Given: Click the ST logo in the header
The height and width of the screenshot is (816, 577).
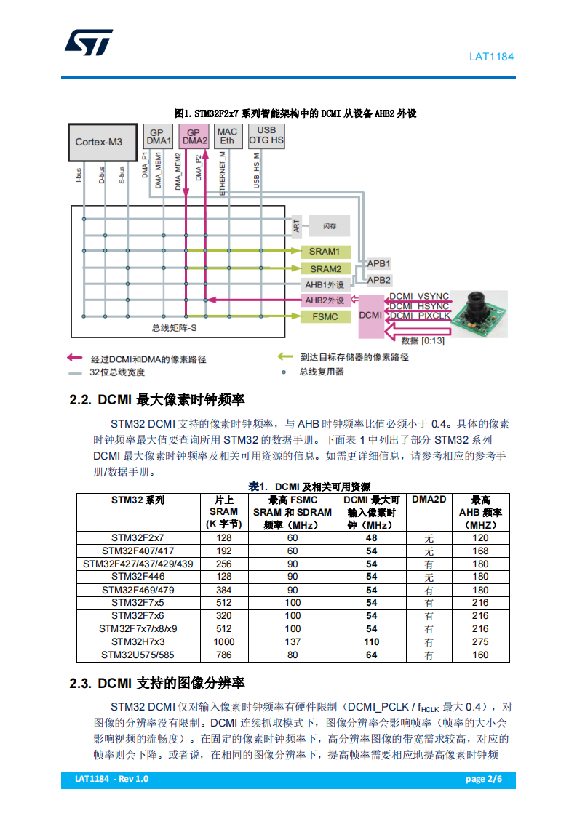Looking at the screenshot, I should click(88, 42).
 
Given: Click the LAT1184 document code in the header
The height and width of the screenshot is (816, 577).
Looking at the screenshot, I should click(491, 56).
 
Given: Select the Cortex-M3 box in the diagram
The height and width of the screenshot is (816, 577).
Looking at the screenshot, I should click(103, 142).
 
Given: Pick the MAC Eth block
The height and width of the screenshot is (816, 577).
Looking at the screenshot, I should click(227, 136).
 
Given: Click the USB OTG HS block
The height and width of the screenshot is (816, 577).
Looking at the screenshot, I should click(266, 136).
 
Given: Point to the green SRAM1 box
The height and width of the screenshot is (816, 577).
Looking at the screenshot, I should click(325, 252).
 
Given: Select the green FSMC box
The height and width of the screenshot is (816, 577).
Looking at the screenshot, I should click(325, 316).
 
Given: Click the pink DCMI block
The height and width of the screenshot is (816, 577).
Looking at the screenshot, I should click(370, 316).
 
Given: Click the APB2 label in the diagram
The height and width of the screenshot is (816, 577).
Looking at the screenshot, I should click(378, 279).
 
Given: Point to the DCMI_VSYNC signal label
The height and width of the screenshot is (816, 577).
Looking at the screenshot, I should click(419, 296).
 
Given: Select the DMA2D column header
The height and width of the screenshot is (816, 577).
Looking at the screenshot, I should click(429, 500).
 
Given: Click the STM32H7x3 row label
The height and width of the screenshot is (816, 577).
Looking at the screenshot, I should click(138, 642).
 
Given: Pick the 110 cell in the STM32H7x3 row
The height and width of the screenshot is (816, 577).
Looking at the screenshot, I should click(371, 642).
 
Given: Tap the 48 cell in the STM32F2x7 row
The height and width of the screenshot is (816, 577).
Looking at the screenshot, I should click(371, 537).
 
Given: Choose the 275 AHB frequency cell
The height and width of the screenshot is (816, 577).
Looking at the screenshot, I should click(480, 642).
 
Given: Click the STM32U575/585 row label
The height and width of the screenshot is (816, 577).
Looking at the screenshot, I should click(138, 655).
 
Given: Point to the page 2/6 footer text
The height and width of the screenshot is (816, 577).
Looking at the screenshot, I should click(484, 779).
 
